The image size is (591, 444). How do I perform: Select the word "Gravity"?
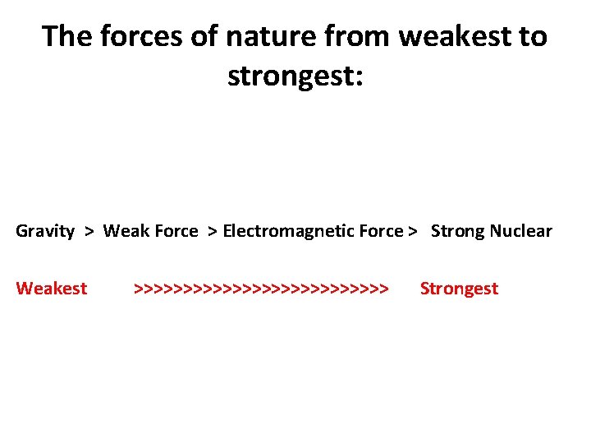45,231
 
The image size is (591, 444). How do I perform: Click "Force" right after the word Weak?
176,231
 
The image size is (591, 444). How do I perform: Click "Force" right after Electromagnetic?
380,231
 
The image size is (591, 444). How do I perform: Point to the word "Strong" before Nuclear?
458,231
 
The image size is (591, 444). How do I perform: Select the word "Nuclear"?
521,231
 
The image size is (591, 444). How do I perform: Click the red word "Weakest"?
52,289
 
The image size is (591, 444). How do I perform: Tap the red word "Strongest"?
459,289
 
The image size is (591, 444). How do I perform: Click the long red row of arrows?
260,289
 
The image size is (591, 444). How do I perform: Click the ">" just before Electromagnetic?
213,231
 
